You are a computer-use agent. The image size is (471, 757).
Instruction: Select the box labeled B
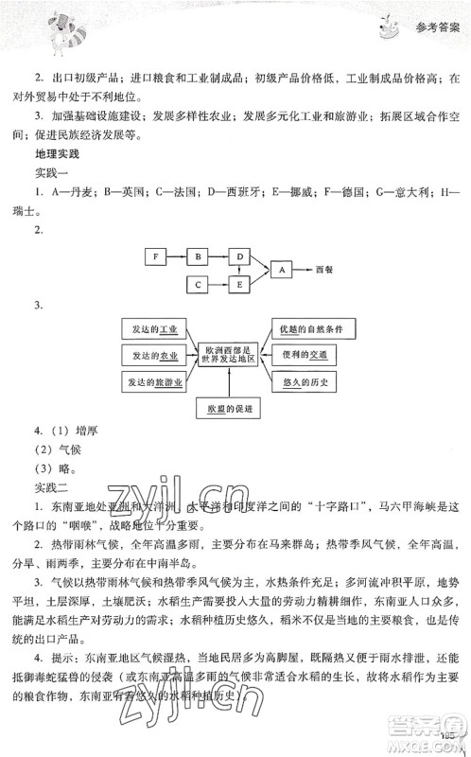pos(198,255)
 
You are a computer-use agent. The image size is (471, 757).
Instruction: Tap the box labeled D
pos(240,255)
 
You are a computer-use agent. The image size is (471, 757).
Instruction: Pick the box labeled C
pos(198,283)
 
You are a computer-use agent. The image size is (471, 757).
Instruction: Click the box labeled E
pos(240,283)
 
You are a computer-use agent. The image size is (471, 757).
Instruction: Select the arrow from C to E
pos(218,283)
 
